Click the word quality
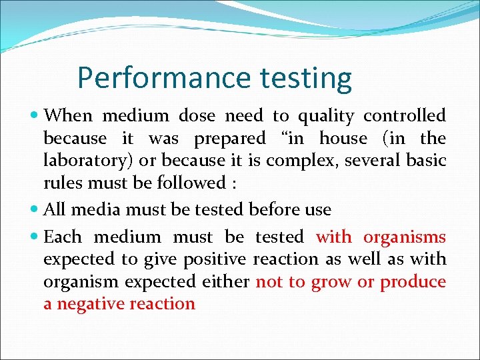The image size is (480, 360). click(326, 117)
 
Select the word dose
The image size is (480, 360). click(197, 116)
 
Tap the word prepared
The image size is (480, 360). click(229, 139)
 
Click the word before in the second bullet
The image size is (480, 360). click(275, 210)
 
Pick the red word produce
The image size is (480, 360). click(413, 282)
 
